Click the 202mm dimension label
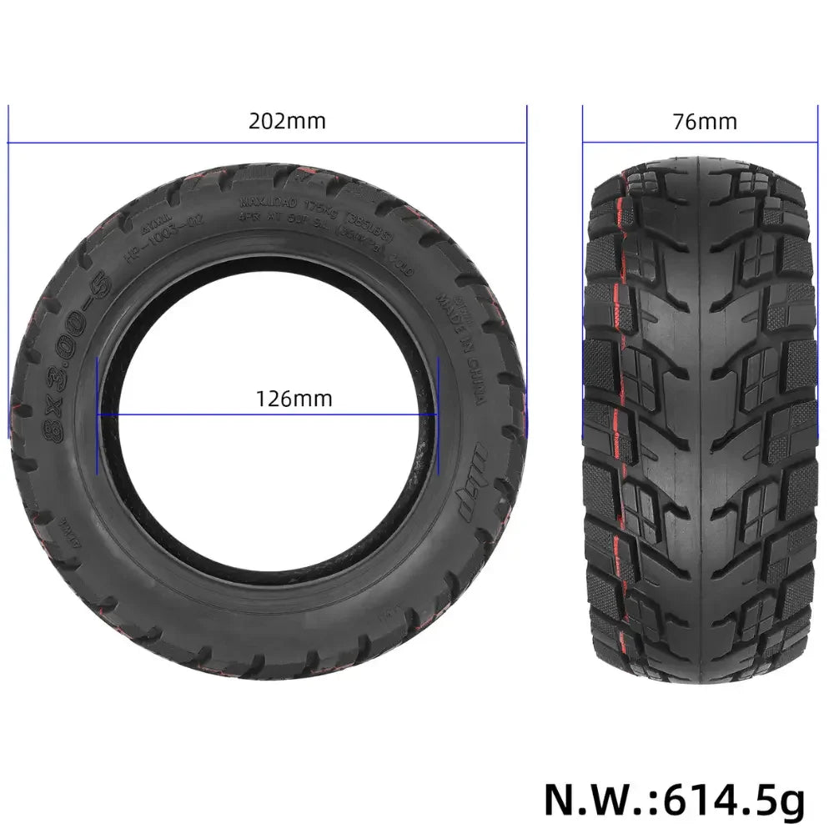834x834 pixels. point(287,121)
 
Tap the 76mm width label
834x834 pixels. point(705,122)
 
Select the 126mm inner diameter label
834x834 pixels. point(293,399)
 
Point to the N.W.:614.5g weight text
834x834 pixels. point(675,799)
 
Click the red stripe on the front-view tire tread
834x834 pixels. point(616,417)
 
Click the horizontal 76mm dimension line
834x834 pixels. point(698,142)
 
